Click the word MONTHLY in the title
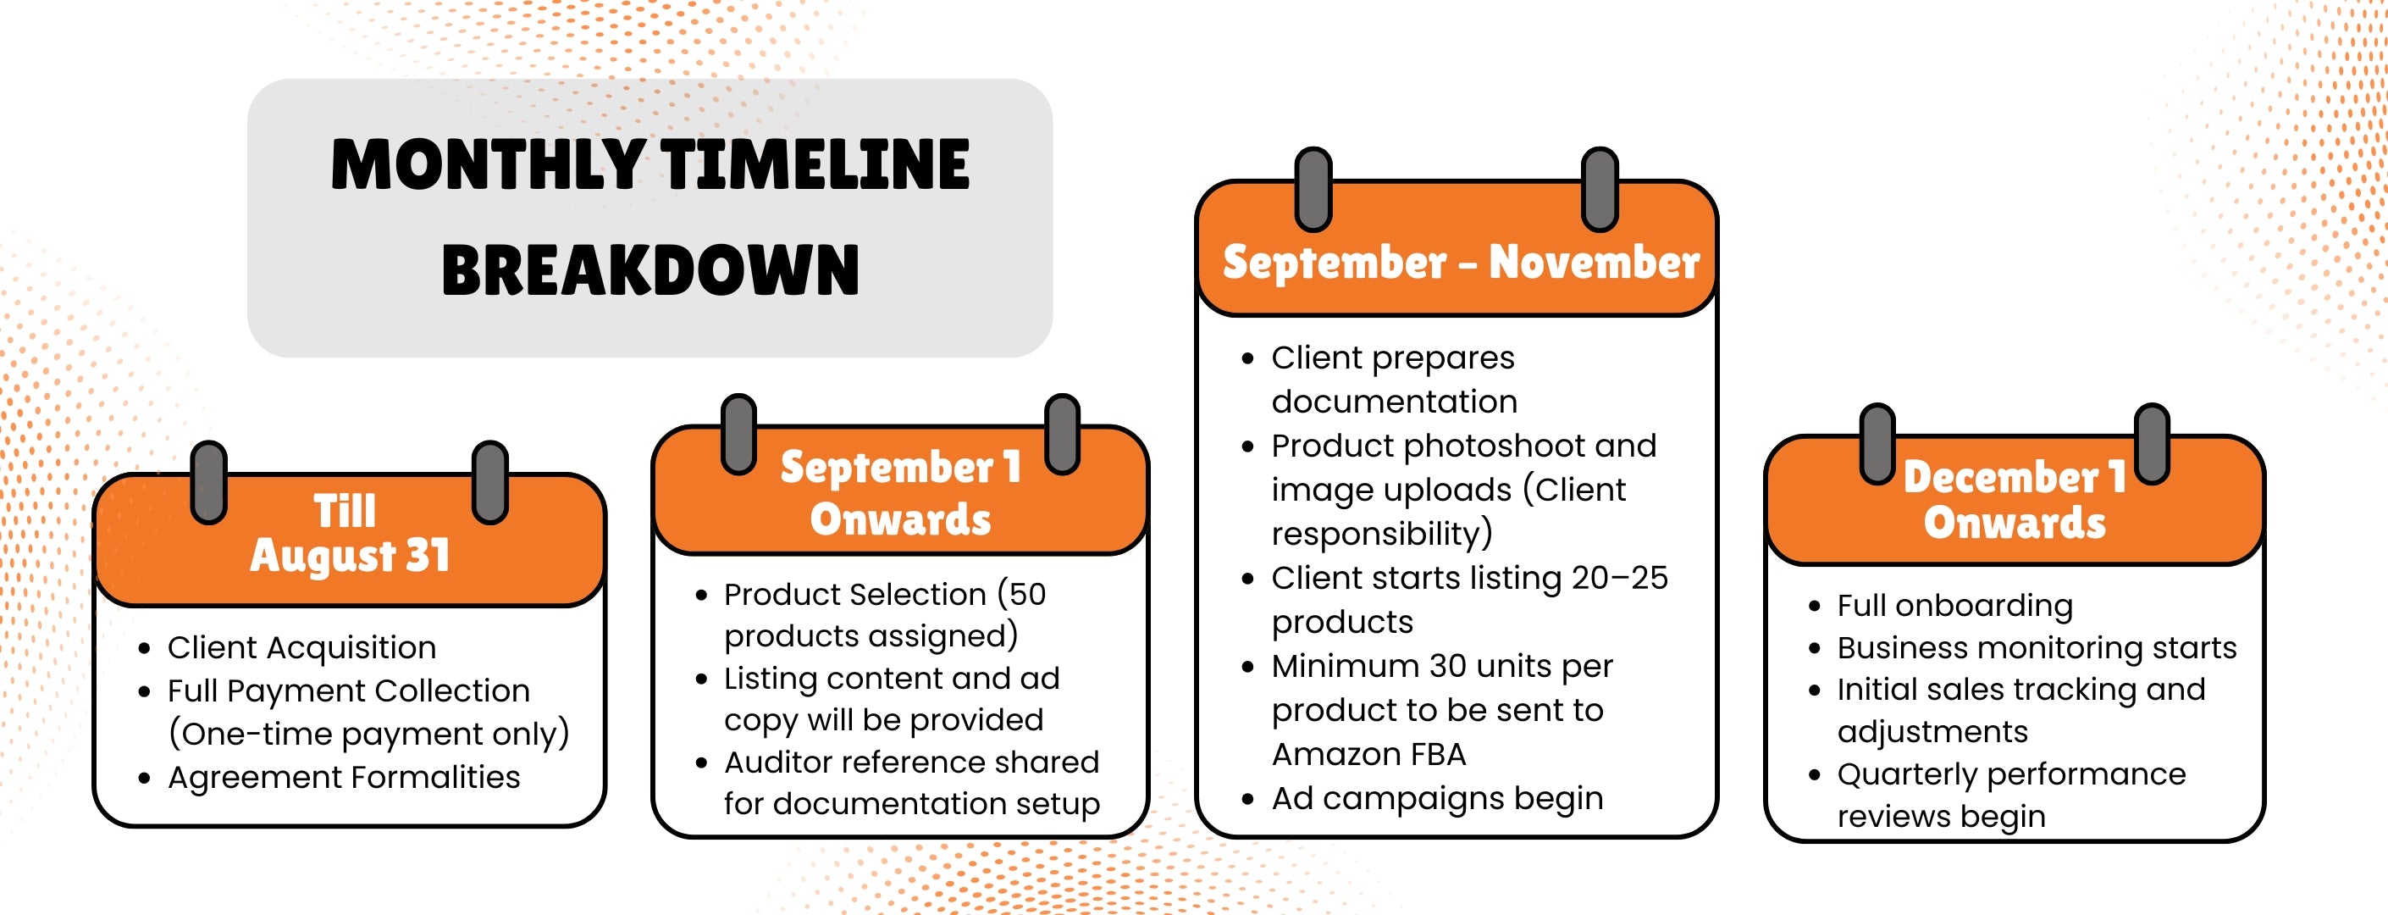488,164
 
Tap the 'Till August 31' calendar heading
350,533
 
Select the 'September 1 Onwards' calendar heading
900,492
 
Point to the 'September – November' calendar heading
1461,263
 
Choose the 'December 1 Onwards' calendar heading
2015,500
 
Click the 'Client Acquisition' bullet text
301,647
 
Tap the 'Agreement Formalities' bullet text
344,777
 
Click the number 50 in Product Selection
1027,593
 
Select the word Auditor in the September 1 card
777,762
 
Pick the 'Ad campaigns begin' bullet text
1437,798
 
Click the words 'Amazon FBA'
1368,755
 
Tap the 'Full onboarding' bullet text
1954,606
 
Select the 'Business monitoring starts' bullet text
2037,647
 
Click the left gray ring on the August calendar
208,482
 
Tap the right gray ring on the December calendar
2152,444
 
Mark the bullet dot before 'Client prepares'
1247,358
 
